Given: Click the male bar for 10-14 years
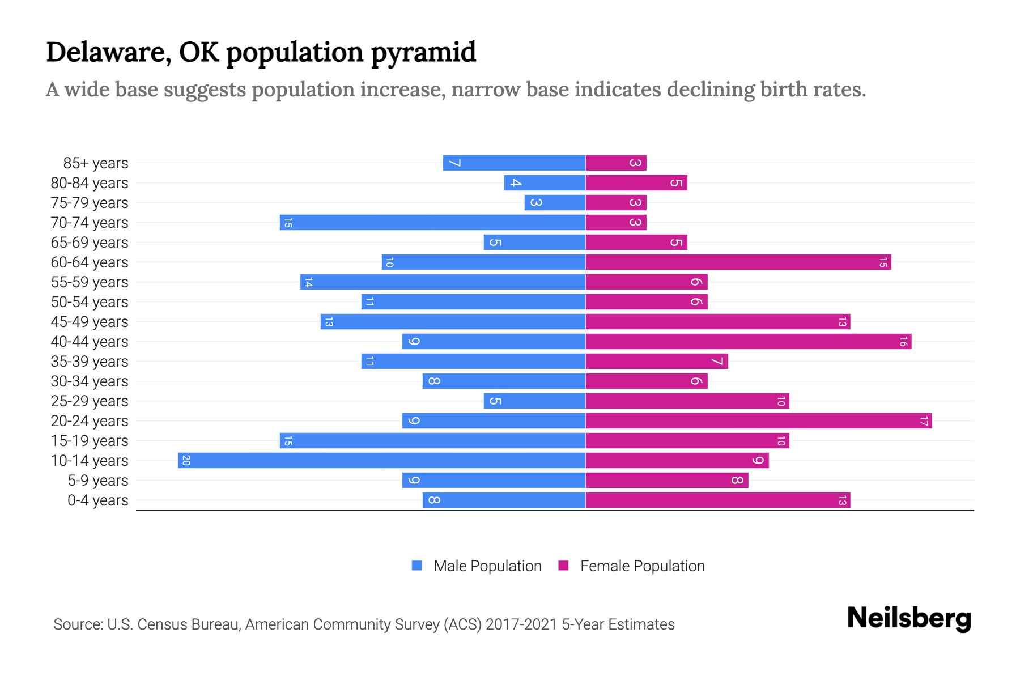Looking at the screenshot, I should [x=381, y=461].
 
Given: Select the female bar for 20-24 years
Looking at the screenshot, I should [x=758, y=421].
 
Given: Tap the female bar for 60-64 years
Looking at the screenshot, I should [x=738, y=262].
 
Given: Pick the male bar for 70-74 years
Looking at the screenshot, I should [x=432, y=223].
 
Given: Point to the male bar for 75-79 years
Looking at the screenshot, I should [x=555, y=203].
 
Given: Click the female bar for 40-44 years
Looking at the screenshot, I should [x=748, y=342].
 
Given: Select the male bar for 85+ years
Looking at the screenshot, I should [x=514, y=163].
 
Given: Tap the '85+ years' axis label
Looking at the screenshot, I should [x=96, y=163].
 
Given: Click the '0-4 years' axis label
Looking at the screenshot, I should [x=97, y=500].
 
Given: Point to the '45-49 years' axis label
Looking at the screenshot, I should [x=90, y=322].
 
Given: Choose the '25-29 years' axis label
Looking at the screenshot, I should [x=90, y=401].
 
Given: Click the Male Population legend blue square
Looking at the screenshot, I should [x=417, y=566].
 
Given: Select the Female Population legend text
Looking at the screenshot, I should [x=642, y=566].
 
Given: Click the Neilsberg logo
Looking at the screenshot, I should [x=909, y=618].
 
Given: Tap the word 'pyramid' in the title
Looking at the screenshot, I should [x=423, y=52].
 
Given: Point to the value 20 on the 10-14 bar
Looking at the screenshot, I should [x=186, y=461].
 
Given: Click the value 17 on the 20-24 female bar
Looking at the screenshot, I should [x=924, y=421].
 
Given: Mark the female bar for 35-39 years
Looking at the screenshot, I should [x=656, y=362].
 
